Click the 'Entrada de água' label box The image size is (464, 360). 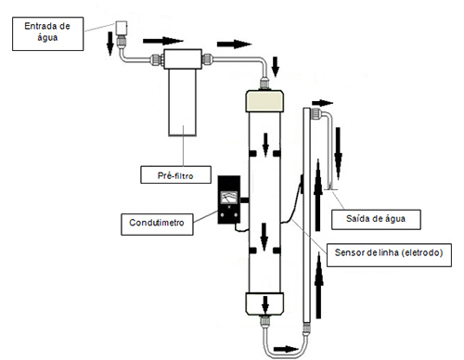[47, 33]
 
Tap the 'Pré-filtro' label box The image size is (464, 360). [175, 174]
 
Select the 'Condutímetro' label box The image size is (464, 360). [157, 224]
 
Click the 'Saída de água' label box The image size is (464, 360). [376, 220]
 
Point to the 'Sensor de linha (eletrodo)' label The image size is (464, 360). [389, 255]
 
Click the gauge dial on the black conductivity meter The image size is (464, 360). [229, 198]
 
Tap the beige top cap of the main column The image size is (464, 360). [264, 101]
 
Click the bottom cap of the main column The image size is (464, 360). [264, 303]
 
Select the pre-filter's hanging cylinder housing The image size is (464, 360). [183, 102]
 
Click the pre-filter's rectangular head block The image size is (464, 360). [183, 58]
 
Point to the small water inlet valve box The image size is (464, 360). [122, 28]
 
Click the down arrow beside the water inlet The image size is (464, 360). [110, 43]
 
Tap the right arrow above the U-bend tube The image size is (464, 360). [286, 349]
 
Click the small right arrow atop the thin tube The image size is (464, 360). [322, 103]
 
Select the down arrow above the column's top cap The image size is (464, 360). [275, 67]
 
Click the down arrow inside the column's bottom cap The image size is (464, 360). [265, 304]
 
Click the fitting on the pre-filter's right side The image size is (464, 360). [207, 59]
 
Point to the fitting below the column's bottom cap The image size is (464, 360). [264, 322]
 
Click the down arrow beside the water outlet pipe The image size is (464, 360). [338, 153]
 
